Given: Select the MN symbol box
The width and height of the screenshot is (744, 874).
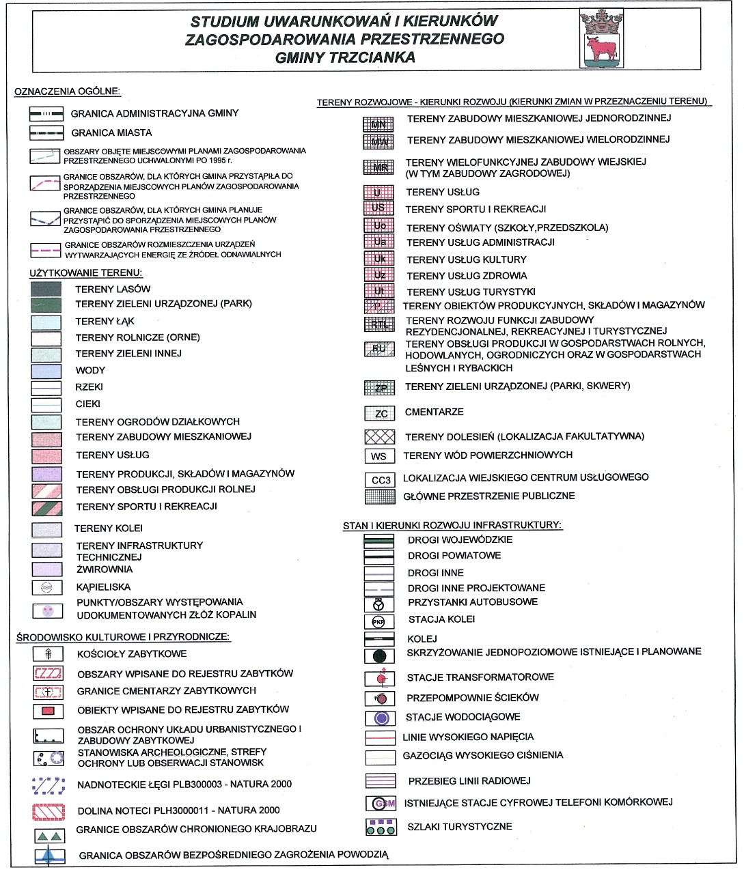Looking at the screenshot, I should point(378,124).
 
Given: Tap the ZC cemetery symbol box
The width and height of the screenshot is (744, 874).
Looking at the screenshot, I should point(380,413).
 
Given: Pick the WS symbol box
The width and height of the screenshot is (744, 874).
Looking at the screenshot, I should point(379,456).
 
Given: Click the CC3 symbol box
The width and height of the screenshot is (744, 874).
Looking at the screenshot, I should point(380,480).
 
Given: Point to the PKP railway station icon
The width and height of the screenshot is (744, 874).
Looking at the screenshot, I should point(378,621).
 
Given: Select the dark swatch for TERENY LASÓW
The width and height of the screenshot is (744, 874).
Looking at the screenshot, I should point(46,289).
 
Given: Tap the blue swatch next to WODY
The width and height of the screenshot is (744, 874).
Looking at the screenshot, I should point(46,371).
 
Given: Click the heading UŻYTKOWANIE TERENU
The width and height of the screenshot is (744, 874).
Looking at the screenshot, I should point(85,273).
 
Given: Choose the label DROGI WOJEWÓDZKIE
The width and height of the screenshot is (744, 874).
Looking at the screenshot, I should point(460,539).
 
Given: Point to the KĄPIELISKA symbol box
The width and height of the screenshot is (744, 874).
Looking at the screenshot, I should point(46,587).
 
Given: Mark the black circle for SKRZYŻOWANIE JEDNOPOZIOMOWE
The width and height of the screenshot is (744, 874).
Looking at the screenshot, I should point(379,656).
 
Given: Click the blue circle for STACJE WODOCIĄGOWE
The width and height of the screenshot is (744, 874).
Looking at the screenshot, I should point(381,718).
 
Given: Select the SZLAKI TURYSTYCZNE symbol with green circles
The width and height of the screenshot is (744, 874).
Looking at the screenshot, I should point(381,827).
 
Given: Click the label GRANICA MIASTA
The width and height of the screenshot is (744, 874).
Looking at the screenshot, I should point(111,132).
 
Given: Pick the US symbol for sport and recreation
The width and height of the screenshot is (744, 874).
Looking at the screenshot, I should point(378,209).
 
